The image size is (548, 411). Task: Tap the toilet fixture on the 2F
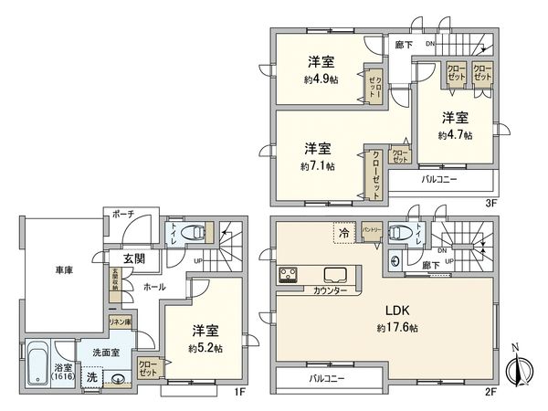click(399, 233)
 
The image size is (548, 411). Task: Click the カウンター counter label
click(318, 290)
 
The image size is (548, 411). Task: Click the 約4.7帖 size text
click(454, 134)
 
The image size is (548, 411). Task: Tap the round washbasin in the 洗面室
click(118, 382)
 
